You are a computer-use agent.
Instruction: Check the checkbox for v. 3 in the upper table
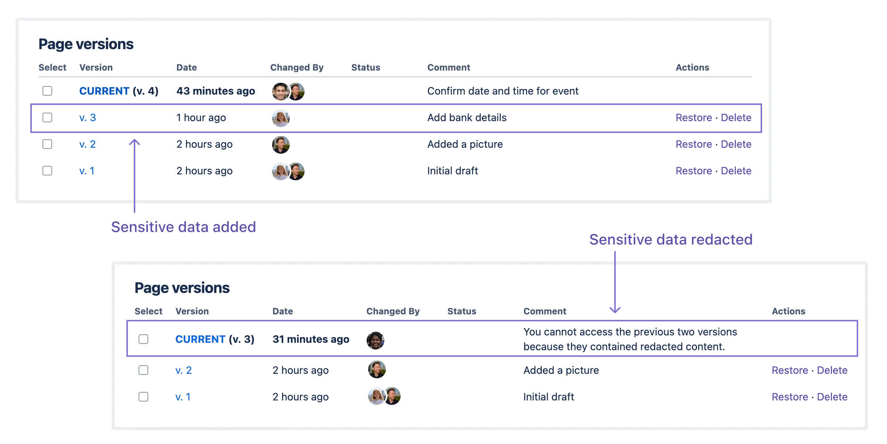click(47, 117)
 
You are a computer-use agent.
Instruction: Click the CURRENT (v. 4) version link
click(119, 91)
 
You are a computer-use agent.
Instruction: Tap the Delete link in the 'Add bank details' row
click(736, 117)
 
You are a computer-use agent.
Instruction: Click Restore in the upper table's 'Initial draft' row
click(694, 171)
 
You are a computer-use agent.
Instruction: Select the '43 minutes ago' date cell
click(215, 91)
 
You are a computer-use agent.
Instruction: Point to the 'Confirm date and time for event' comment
click(503, 91)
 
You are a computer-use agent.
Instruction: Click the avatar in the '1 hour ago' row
click(281, 118)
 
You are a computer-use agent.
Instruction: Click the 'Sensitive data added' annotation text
click(184, 227)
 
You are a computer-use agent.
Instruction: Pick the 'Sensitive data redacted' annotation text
click(671, 239)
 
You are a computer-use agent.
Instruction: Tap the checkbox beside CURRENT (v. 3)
click(143, 339)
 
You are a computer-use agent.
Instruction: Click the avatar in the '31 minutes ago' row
click(375, 341)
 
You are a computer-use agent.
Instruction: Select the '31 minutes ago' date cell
click(311, 339)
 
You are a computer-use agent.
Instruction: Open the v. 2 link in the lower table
click(184, 370)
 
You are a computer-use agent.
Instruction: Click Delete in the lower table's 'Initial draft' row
click(832, 397)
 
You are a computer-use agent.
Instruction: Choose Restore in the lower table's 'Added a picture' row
click(790, 370)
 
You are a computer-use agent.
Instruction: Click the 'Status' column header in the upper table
click(366, 68)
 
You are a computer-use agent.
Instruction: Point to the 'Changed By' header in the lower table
click(393, 311)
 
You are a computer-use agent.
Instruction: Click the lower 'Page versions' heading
click(182, 288)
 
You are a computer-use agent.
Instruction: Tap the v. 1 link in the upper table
click(87, 171)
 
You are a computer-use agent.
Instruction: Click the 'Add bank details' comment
click(467, 117)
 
